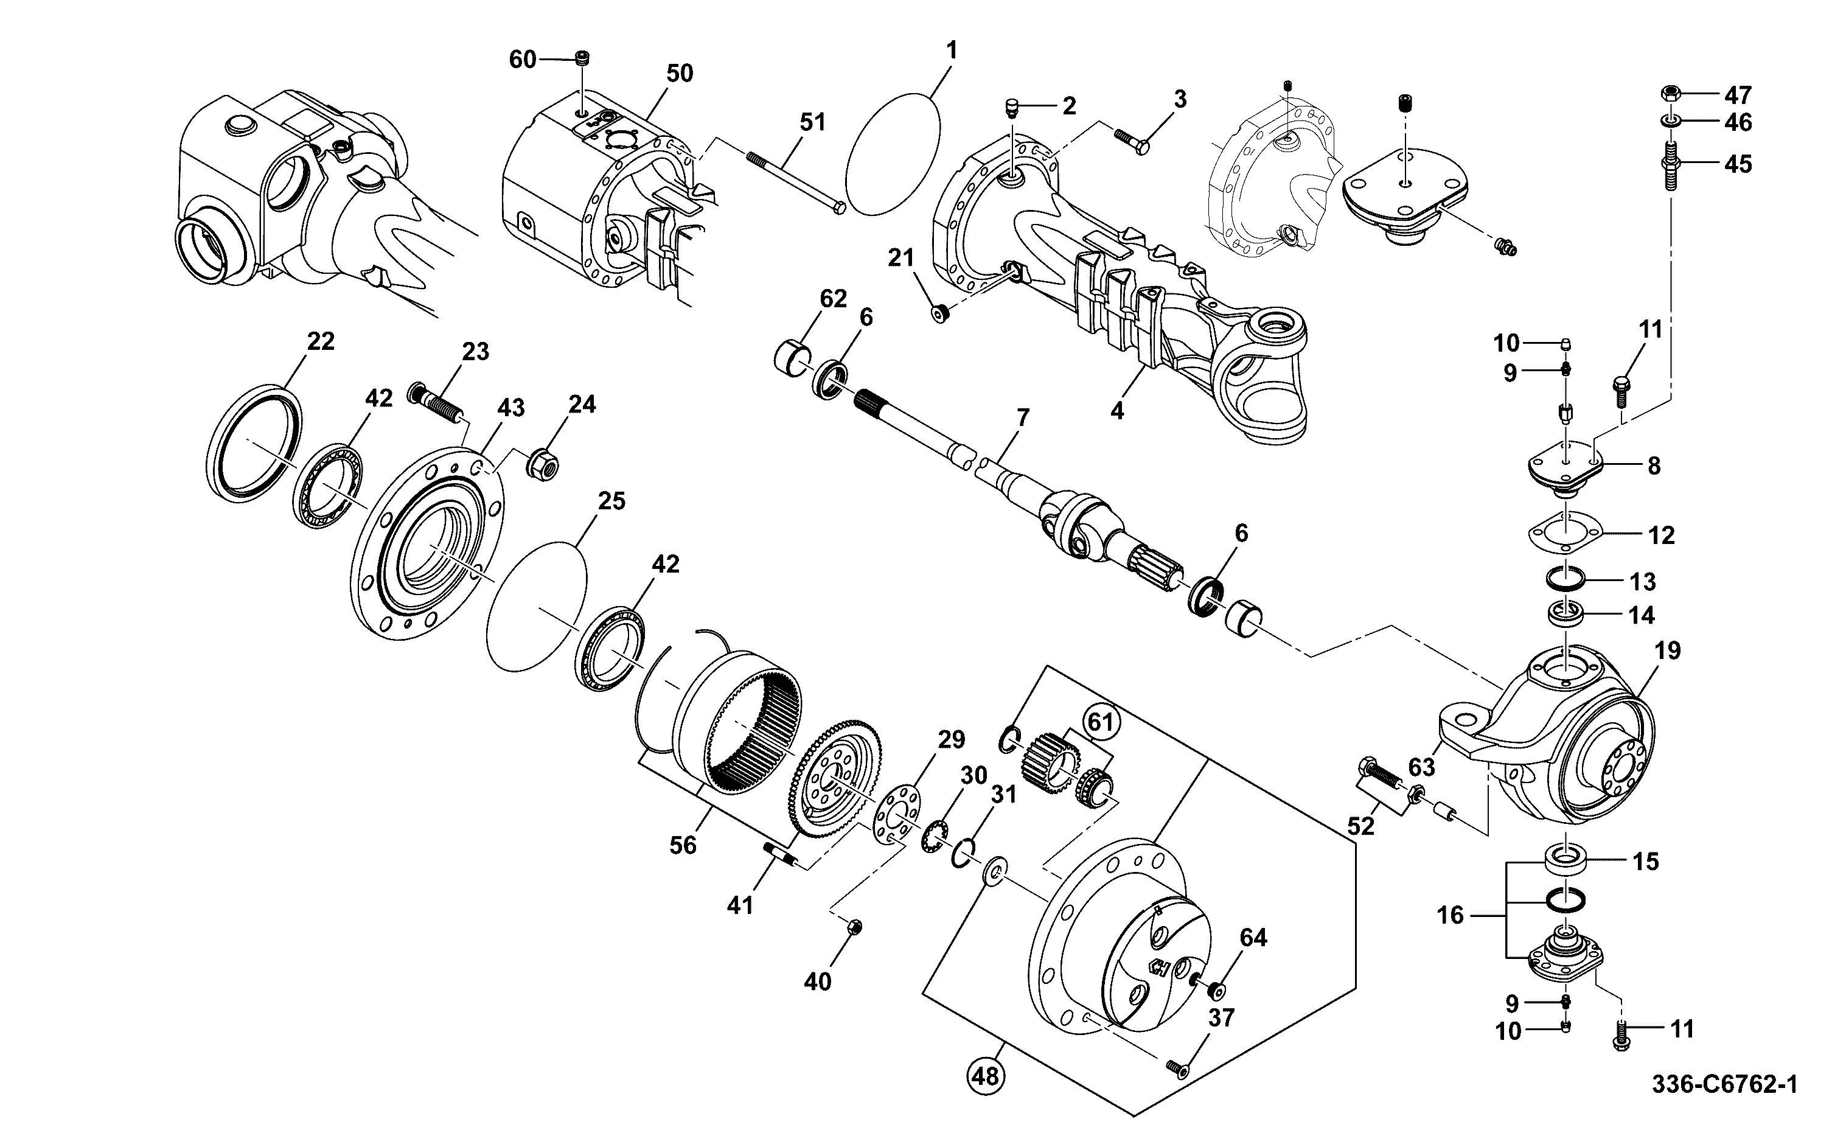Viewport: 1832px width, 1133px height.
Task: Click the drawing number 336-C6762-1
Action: point(1724,1084)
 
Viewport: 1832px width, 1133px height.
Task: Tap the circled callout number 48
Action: point(985,1076)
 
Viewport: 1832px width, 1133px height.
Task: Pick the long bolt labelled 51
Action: point(796,181)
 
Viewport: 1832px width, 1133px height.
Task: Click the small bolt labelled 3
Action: point(1130,142)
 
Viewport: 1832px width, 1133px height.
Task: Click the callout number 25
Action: point(612,501)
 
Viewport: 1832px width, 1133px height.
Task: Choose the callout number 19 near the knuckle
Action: point(1668,650)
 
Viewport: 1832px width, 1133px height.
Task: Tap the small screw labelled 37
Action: point(1175,1067)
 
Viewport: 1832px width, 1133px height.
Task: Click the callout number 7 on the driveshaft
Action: point(1023,418)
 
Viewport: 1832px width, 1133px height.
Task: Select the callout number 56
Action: point(683,845)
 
